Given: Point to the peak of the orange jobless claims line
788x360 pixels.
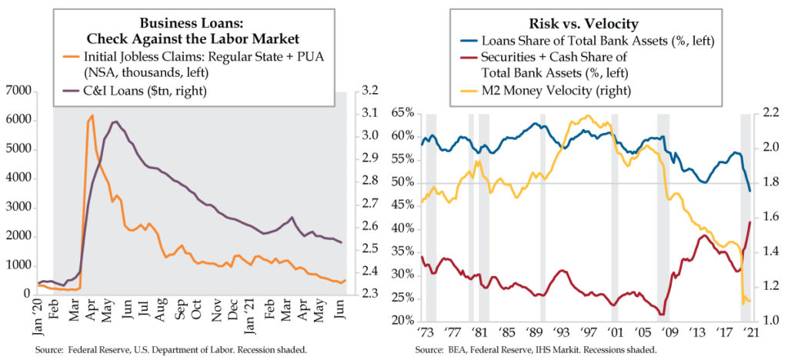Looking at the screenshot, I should click(x=92, y=115).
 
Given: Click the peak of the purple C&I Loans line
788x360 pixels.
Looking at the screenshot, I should click(x=115, y=122).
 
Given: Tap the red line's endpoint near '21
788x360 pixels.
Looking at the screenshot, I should click(x=750, y=222).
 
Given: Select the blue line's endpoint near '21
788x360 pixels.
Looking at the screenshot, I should click(x=750, y=191).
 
